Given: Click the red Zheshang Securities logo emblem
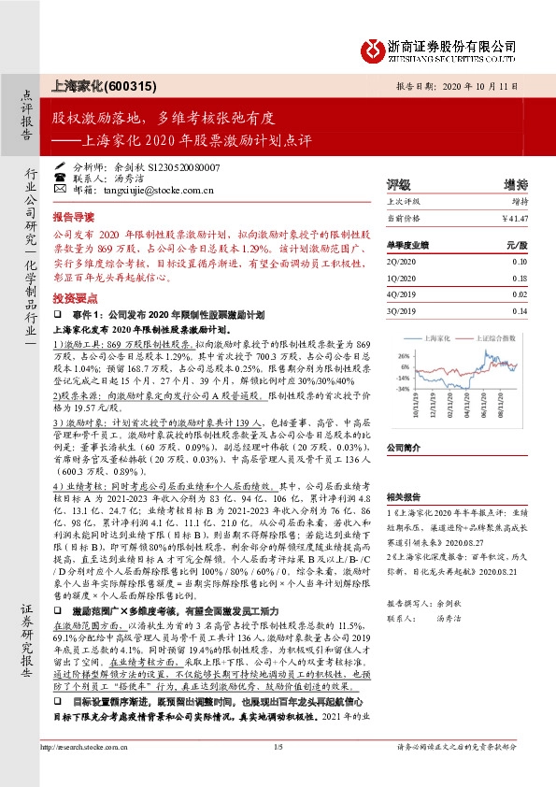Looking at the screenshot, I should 374,47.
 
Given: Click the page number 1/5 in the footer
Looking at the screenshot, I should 278,774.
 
